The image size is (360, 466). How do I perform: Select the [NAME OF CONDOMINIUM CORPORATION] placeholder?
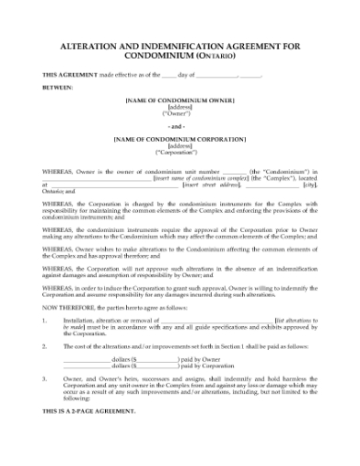(179, 139)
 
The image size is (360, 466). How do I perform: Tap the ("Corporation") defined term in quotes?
(179, 153)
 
